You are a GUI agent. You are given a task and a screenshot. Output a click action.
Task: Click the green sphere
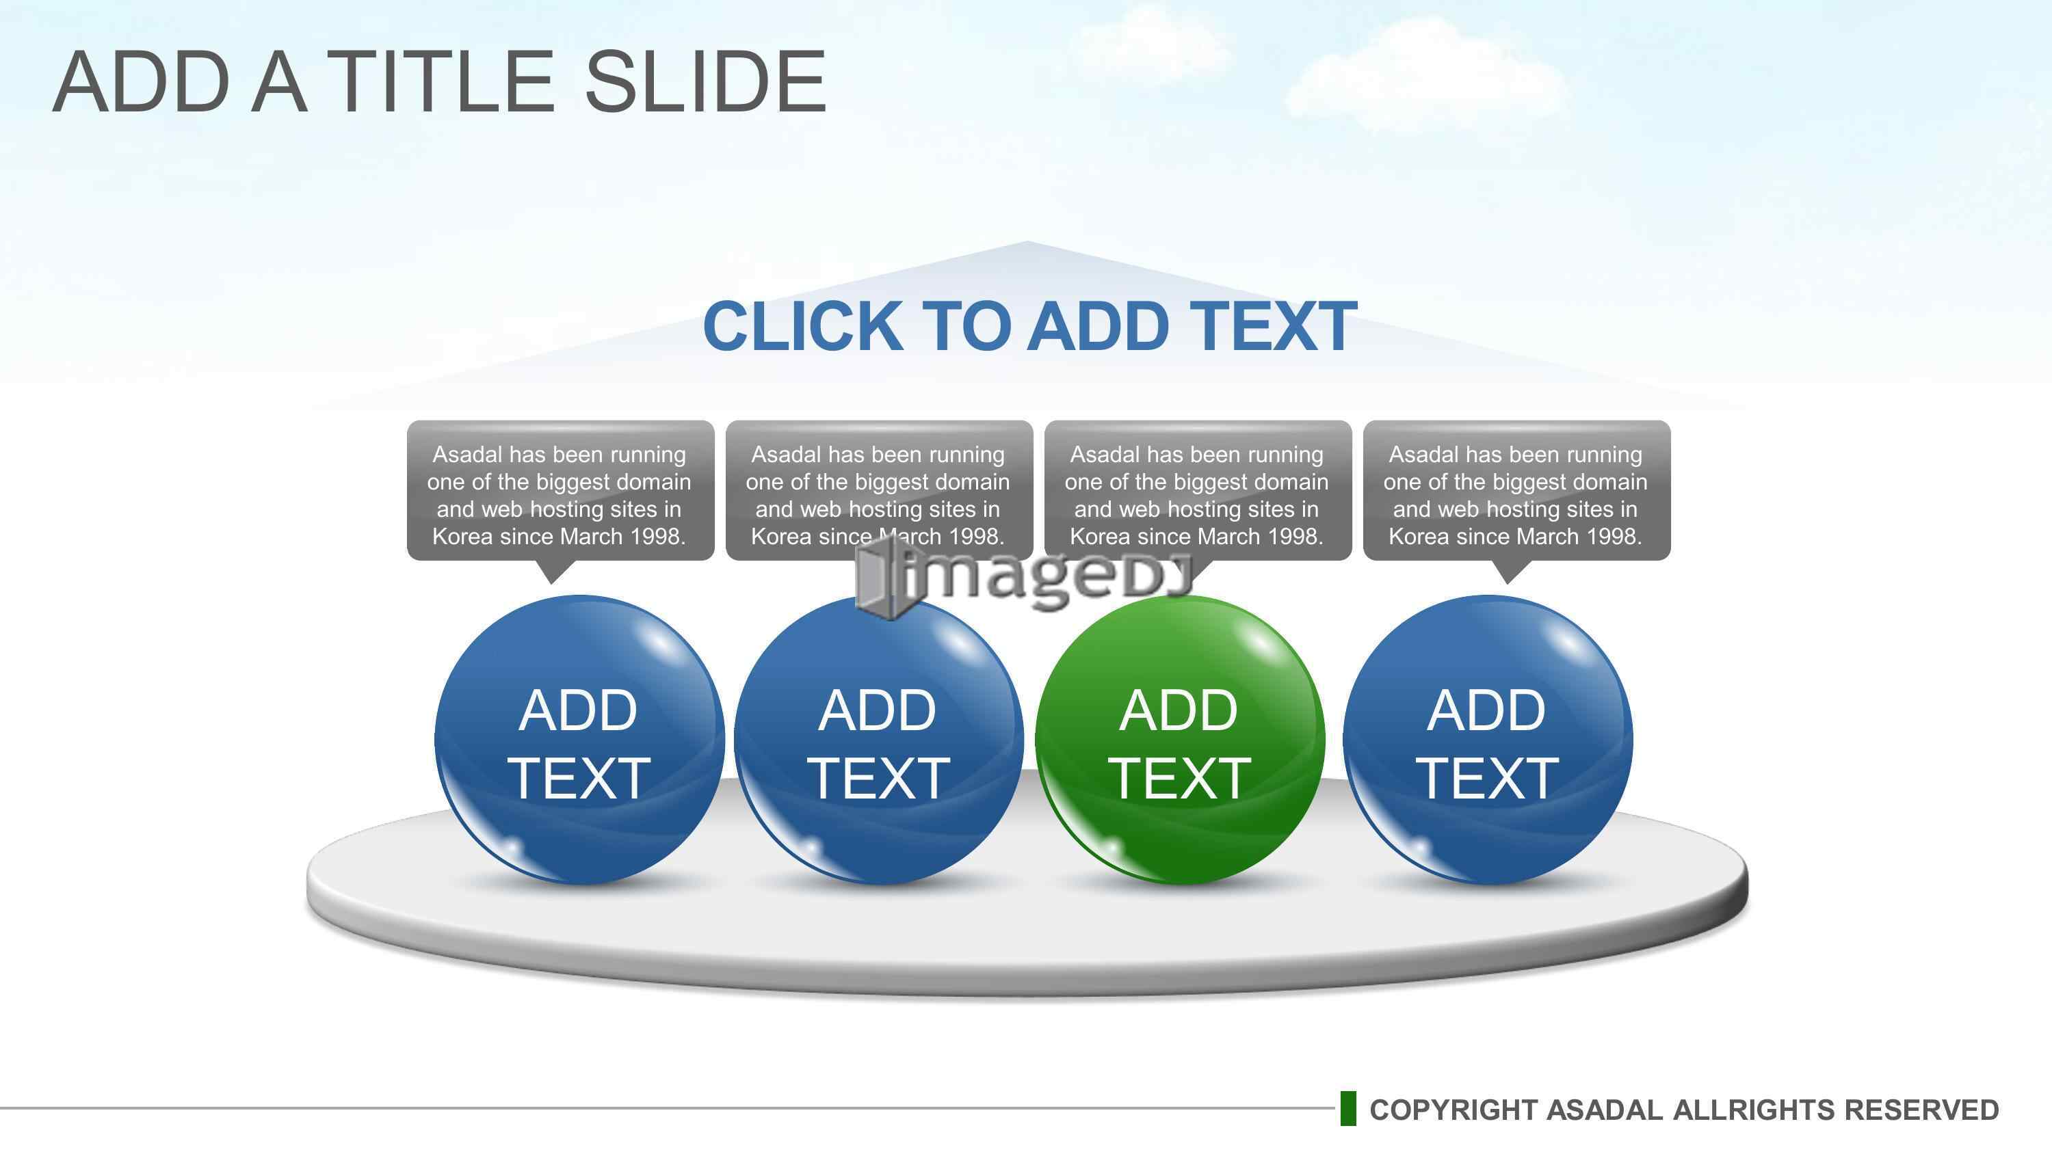(x=1180, y=740)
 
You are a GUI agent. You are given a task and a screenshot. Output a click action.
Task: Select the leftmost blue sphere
(x=579, y=740)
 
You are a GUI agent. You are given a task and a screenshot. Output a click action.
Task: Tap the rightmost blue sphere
(x=1487, y=740)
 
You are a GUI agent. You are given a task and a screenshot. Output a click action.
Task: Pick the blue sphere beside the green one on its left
(x=879, y=740)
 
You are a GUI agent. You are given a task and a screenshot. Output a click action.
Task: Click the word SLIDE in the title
(x=706, y=81)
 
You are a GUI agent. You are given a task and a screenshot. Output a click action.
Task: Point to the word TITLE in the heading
(x=440, y=81)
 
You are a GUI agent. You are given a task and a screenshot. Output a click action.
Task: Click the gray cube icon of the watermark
(x=881, y=578)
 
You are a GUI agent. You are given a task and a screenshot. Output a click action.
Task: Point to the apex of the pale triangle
(x=1027, y=241)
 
